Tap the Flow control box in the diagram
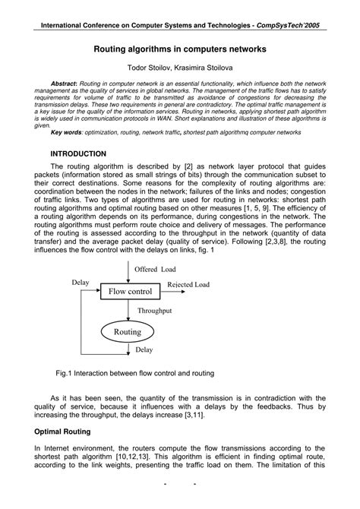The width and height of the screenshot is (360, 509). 131,291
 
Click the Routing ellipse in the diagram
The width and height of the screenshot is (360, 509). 128,332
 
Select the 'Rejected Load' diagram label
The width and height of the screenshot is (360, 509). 188,285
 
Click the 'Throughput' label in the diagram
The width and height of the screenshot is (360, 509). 155,311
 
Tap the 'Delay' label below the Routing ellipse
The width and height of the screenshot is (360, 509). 144,350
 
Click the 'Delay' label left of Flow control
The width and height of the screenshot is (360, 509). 81,283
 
